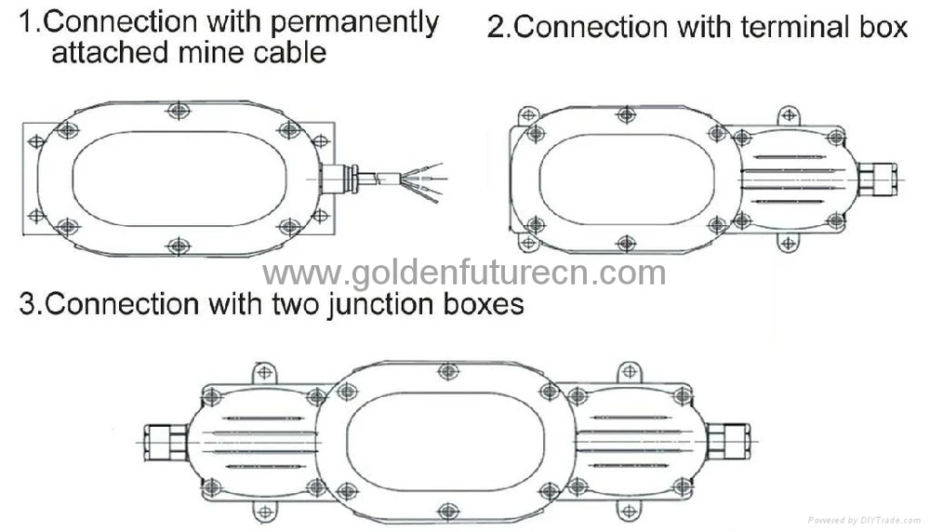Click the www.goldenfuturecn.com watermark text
point(464,273)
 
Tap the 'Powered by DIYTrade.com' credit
point(865,520)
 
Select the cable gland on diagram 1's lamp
point(339,179)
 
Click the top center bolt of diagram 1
point(179,110)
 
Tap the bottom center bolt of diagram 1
point(179,246)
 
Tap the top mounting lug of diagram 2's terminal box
point(789,115)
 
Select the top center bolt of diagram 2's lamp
point(627,114)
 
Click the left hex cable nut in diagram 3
point(166,442)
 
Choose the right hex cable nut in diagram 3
point(728,441)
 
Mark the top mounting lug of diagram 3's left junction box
point(264,373)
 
